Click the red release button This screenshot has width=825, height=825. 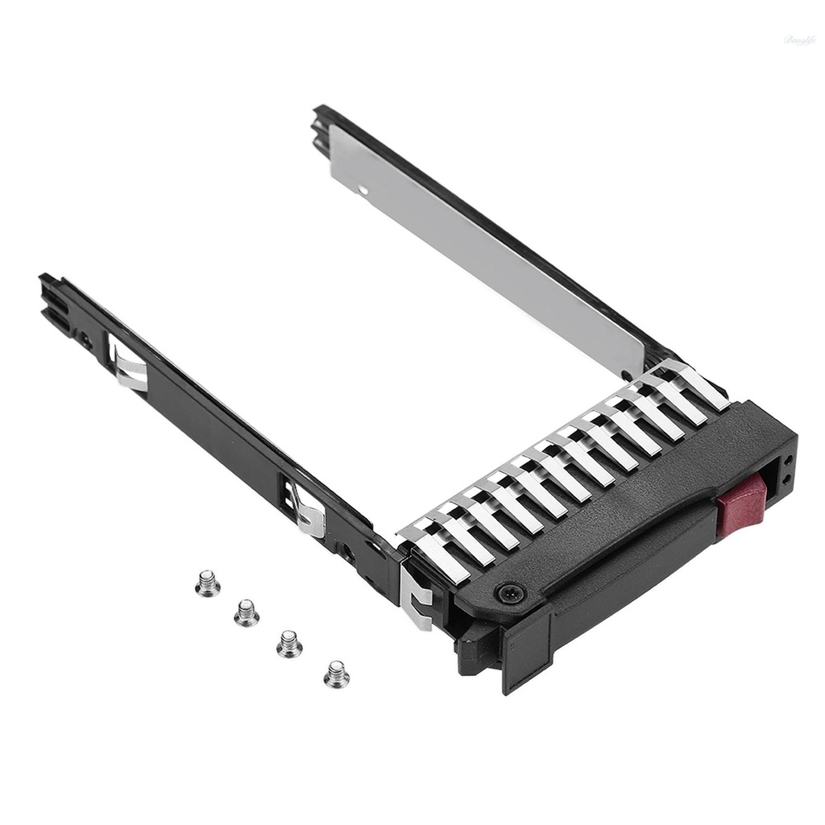click(x=741, y=502)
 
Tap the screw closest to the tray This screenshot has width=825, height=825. click(x=337, y=674)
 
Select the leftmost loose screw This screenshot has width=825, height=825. click(x=208, y=582)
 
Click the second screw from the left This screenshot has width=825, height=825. click(x=247, y=613)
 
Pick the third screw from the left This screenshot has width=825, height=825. click(x=289, y=644)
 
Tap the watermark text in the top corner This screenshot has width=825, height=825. click(x=799, y=39)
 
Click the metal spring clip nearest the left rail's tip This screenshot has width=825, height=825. click(x=129, y=367)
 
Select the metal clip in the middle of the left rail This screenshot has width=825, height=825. click(x=307, y=509)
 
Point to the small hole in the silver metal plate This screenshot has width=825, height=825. click(x=363, y=190)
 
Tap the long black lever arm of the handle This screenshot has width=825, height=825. click(x=612, y=580)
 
